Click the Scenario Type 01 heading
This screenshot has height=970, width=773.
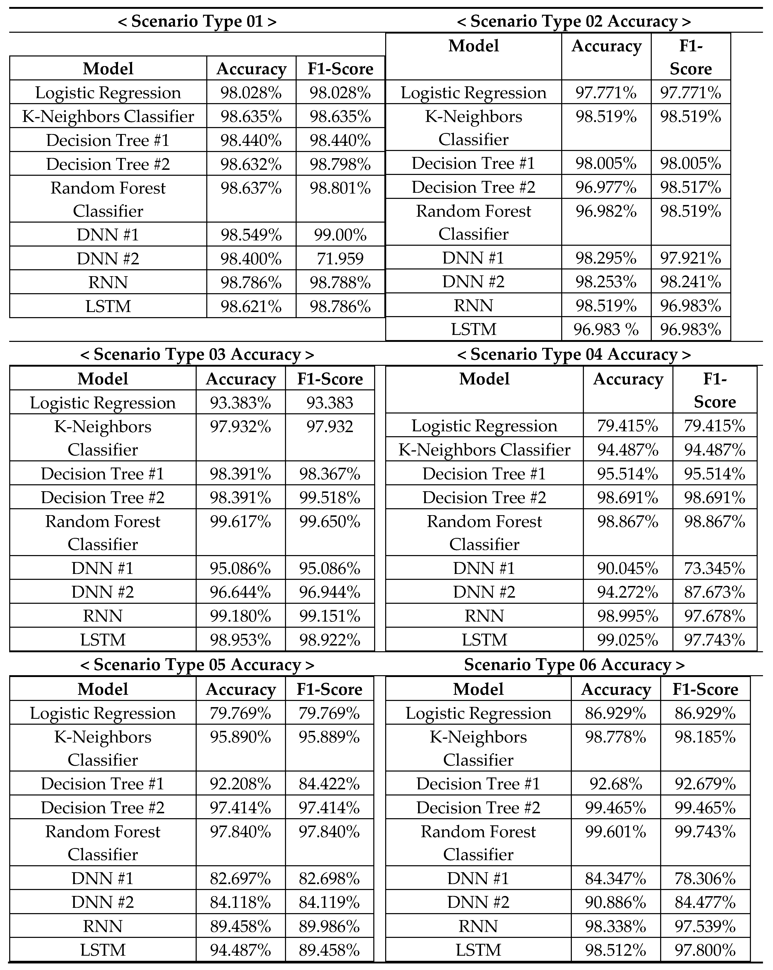(197, 22)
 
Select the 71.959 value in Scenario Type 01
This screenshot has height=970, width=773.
(340, 259)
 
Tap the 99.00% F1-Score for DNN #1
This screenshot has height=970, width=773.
(340, 235)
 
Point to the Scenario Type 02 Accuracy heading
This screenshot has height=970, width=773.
(574, 22)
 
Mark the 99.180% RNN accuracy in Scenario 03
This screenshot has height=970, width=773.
(241, 615)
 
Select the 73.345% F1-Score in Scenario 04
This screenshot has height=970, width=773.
(715, 568)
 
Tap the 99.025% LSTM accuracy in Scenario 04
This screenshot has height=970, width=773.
(628, 639)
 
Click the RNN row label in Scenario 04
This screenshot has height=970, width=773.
(484, 615)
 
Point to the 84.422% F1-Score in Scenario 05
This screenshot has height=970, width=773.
(329, 784)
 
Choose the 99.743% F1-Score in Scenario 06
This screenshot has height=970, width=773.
(705, 831)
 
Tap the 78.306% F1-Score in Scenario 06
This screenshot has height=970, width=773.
(705, 878)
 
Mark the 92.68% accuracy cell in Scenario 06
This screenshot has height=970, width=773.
(616, 784)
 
